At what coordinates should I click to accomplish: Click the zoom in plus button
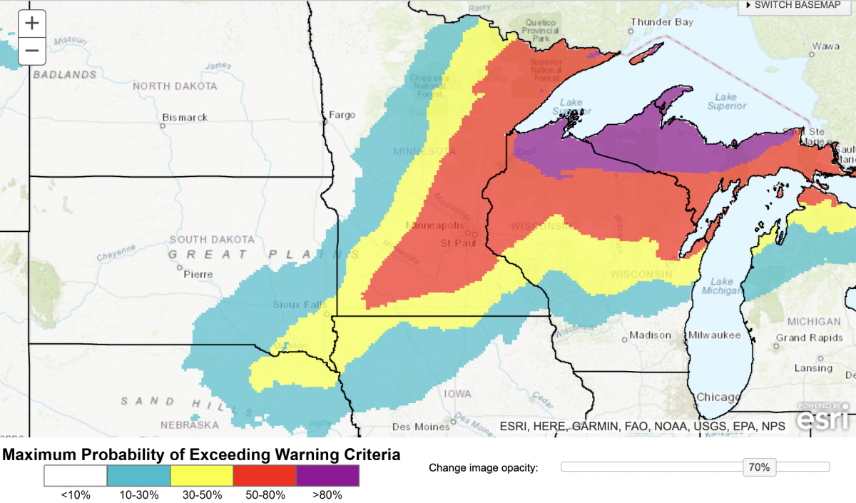coord(31,24)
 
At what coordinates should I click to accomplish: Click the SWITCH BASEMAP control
coord(796,6)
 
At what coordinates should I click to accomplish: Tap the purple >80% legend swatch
coord(327,476)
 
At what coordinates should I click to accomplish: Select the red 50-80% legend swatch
coord(265,476)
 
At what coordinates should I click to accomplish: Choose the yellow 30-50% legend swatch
coord(202,476)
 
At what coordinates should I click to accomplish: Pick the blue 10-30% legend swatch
coord(139,476)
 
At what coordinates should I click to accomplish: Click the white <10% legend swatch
coord(76,476)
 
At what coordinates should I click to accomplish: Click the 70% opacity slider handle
coord(758,467)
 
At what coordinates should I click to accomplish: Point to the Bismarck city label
coord(185,117)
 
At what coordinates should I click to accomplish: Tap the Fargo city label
coord(342,115)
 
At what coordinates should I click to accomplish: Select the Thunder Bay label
coord(661,22)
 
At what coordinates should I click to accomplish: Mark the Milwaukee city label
coord(714,335)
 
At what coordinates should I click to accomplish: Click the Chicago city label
coord(718,397)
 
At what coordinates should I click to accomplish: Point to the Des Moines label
coord(421,427)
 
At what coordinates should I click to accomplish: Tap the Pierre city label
coord(198,274)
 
